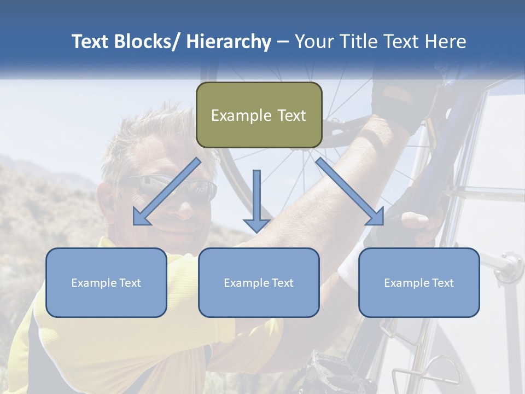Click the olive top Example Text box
point(259,115)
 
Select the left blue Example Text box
point(106,282)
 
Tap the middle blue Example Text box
point(259,282)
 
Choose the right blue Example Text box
point(419,282)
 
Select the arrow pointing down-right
point(351,192)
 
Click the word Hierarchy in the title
point(229,42)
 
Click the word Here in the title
point(445,42)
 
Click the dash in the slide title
point(283,42)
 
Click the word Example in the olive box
point(241,115)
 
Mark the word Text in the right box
point(442,283)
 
